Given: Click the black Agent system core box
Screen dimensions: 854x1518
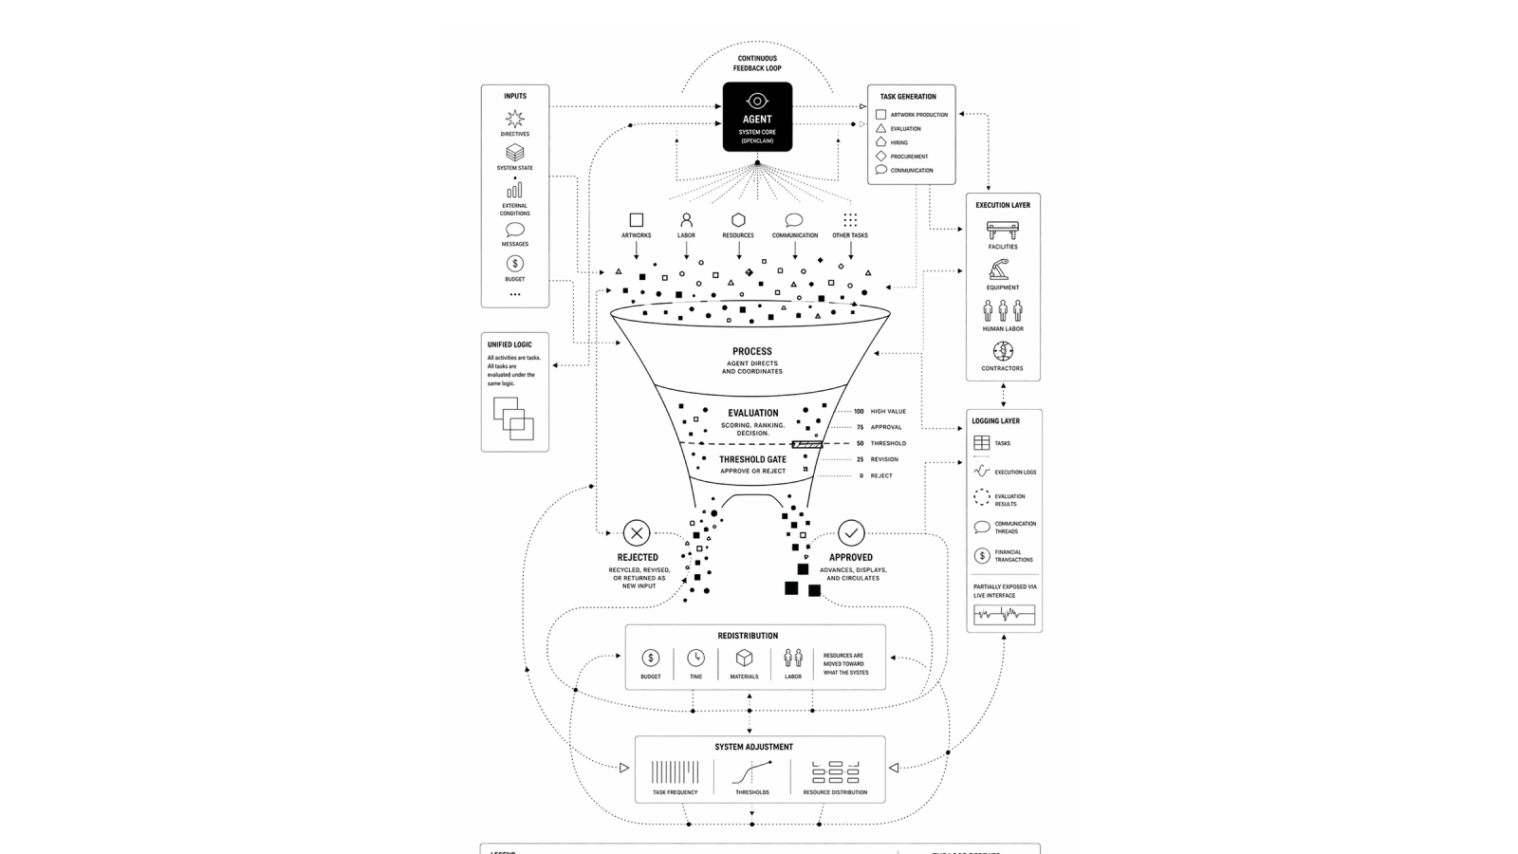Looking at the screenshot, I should pyautogui.click(x=757, y=117).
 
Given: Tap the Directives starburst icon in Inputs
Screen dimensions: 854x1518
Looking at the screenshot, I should pyautogui.click(x=514, y=119).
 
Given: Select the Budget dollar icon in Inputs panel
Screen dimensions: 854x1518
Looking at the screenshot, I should pyautogui.click(x=514, y=264).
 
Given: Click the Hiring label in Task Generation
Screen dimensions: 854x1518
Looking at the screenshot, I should pyautogui.click(x=898, y=142).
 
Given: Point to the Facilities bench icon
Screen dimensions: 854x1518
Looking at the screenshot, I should pyautogui.click(x=1002, y=231).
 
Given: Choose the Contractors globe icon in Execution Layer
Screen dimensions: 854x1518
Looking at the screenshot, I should pyautogui.click(x=1002, y=351).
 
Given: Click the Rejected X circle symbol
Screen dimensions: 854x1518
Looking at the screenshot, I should pyautogui.click(x=637, y=532).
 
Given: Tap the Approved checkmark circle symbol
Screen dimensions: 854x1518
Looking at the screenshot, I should pyautogui.click(x=851, y=532).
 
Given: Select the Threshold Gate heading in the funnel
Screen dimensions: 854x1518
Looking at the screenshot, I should pyautogui.click(x=752, y=459).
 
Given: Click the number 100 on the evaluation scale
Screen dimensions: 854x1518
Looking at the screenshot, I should pyautogui.click(x=859, y=412).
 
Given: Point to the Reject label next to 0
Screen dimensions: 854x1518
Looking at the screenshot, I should pyautogui.click(x=881, y=475).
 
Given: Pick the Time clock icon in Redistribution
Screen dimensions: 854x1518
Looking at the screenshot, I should pyautogui.click(x=695, y=658).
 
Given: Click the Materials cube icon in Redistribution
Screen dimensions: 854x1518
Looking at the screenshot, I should pyautogui.click(x=744, y=658).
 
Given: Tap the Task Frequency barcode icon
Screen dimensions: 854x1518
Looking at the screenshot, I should pyautogui.click(x=675, y=771).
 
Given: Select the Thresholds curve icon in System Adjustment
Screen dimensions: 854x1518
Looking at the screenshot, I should pyautogui.click(x=752, y=771).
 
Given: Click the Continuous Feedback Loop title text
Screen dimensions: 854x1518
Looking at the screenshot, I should pyautogui.click(x=757, y=64).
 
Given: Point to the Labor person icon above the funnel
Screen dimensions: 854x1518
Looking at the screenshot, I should pyautogui.click(x=686, y=220).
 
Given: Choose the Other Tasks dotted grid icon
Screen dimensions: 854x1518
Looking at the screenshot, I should pyautogui.click(x=850, y=220).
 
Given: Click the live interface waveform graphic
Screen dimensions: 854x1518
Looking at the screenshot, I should pyautogui.click(x=1004, y=614).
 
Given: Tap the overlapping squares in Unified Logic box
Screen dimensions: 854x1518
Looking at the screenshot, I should pyautogui.click(x=513, y=418).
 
